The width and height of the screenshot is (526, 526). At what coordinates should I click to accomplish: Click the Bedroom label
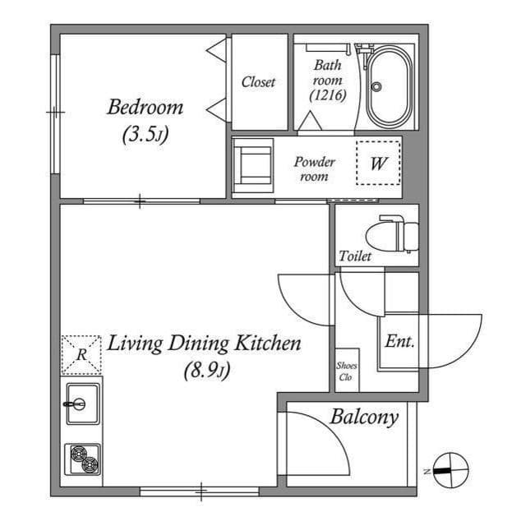(x=145, y=108)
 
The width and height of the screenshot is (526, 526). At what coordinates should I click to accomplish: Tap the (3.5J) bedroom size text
(x=145, y=135)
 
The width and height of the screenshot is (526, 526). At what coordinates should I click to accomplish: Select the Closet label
(x=258, y=82)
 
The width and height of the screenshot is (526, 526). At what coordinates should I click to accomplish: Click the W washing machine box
(x=378, y=162)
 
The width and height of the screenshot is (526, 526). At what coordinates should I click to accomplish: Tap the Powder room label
(x=314, y=168)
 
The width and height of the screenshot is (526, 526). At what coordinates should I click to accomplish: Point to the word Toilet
(x=355, y=256)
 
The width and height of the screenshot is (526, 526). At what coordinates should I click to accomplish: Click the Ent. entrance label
(x=399, y=340)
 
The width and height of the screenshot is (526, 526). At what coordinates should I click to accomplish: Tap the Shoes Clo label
(x=345, y=371)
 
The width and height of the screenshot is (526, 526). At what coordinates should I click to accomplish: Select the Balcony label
(x=364, y=417)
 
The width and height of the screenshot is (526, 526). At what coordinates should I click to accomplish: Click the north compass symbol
(x=449, y=470)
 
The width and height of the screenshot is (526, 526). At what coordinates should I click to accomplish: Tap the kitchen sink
(x=82, y=404)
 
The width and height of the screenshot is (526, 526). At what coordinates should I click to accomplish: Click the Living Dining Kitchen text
(x=205, y=344)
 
